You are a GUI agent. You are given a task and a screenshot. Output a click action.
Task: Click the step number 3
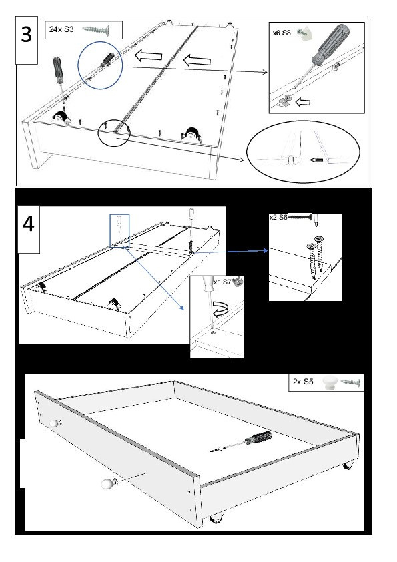click(x=27, y=35)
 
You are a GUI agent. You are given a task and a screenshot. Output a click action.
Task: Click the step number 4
click(x=28, y=224)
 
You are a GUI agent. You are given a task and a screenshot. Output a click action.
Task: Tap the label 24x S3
click(x=61, y=29)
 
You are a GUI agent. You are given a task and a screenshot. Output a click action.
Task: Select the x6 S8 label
click(x=282, y=33)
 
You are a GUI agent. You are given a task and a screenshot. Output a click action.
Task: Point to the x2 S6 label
click(x=278, y=217)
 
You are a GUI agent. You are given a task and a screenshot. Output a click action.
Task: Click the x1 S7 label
click(x=222, y=282)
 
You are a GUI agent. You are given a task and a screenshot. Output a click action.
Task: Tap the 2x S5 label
click(x=303, y=382)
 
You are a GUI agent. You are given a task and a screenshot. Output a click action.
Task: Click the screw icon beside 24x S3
click(x=95, y=30)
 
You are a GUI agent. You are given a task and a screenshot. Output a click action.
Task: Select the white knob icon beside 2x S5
click(x=328, y=382)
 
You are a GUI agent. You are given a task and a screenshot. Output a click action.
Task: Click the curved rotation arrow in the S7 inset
click(x=222, y=309)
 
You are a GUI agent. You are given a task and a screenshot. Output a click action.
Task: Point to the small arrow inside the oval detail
click(x=316, y=160)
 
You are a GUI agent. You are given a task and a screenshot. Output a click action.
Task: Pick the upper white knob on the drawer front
click(x=54, y=423)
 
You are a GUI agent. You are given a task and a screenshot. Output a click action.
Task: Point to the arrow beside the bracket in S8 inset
click(x=303, y=103)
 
